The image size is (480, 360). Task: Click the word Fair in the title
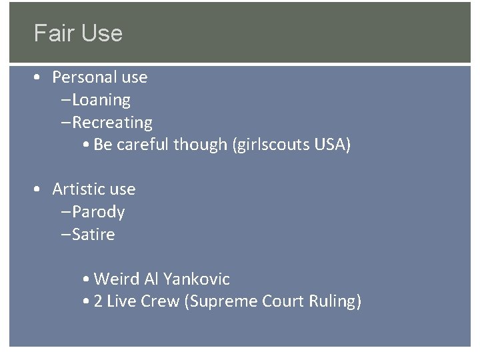click(x=53, y=33)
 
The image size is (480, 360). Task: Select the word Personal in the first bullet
click(x=84, y=77)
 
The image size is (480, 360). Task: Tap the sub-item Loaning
click(x=101, y=100)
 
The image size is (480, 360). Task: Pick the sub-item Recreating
click(x=112, y=123)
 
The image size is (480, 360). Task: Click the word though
click(x=204, y=145)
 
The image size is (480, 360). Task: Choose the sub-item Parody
click(x=99, y=212)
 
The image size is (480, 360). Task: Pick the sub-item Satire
click(x=94, y=235)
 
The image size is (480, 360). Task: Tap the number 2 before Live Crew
click(x=98, y=301)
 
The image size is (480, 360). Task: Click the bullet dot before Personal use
click(x=39, y=77)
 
